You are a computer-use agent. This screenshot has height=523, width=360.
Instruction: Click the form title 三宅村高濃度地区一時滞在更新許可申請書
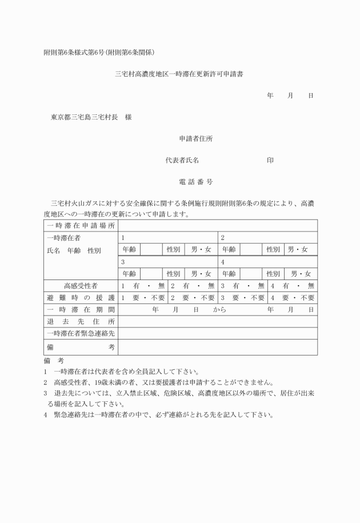(x=180, y=74)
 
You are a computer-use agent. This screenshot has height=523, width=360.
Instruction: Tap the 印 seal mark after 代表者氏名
(x=270, y=161)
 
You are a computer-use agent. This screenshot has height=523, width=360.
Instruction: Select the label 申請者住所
(x=197, y=139)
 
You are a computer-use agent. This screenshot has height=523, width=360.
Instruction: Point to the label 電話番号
(x=197, y=182)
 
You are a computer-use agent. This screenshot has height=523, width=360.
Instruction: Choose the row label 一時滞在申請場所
(x=81, y=225)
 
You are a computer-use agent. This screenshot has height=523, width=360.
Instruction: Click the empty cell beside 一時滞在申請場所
(x=218, y=225)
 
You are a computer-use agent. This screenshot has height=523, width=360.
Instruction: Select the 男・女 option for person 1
(x=201, y=249)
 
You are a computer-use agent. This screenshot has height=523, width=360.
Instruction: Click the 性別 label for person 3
(x=173, y=273)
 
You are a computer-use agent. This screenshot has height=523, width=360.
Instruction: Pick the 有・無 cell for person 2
(x=193, y=285)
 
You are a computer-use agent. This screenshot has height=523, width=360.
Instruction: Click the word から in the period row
(x=220, y=309)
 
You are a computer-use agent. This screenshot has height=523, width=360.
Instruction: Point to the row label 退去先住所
(x=81, y=321)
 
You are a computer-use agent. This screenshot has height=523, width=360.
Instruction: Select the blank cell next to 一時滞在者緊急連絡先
(x=218, y=333)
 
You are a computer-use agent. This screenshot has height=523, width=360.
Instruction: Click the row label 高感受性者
(x=81, y=285)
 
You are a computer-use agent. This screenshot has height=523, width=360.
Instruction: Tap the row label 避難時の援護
(x=81, y=297)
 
